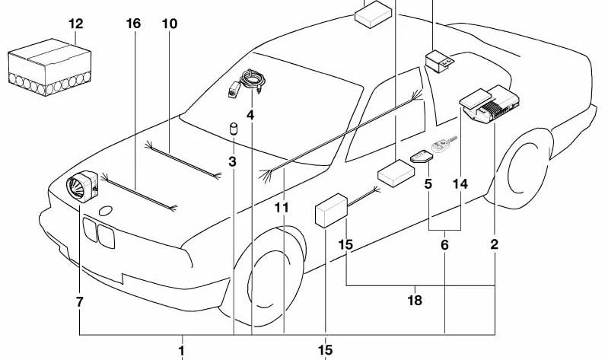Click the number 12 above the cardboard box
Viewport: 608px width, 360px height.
pos(76,24)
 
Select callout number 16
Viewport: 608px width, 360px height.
pos(133,24)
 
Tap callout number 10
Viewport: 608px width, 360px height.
pos(170,24)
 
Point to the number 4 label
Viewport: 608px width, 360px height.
pos(250,115)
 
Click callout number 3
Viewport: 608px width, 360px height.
pos(232,162)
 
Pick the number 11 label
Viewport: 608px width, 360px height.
pos(282,208)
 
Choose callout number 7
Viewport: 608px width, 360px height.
pos(79,302)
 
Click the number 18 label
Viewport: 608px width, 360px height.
pos(415,301)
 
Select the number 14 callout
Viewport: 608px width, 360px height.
pos(460,184)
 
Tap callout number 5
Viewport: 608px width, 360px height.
pos(428,184)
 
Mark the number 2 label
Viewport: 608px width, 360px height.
pos(495,245)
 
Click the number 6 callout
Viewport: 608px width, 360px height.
pos(444,245)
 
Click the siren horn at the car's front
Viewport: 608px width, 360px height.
pos(82,186)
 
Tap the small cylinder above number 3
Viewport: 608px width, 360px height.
pos(234,129)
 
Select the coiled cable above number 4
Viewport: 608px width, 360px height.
pos(253,80)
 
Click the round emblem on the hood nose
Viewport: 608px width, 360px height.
pos(106,211)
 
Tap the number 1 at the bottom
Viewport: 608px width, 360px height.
pos(181,351)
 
